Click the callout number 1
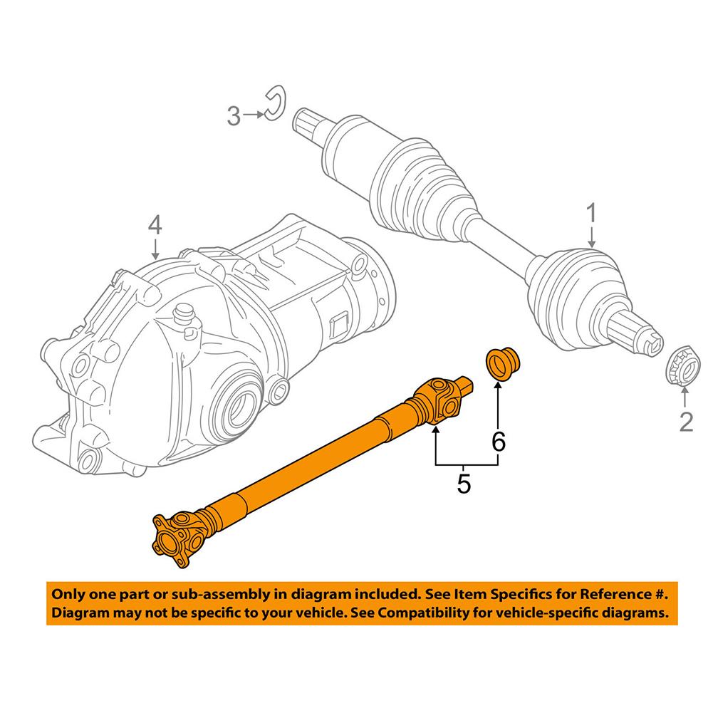coord(591,212)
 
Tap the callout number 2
coord(685,422)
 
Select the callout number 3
coord(234,115)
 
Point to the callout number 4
coord(155,226)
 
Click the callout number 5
coord(464,484)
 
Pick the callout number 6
coord(499,442)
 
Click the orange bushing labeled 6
coord(503,363)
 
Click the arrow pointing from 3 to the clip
coord(253,114)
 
